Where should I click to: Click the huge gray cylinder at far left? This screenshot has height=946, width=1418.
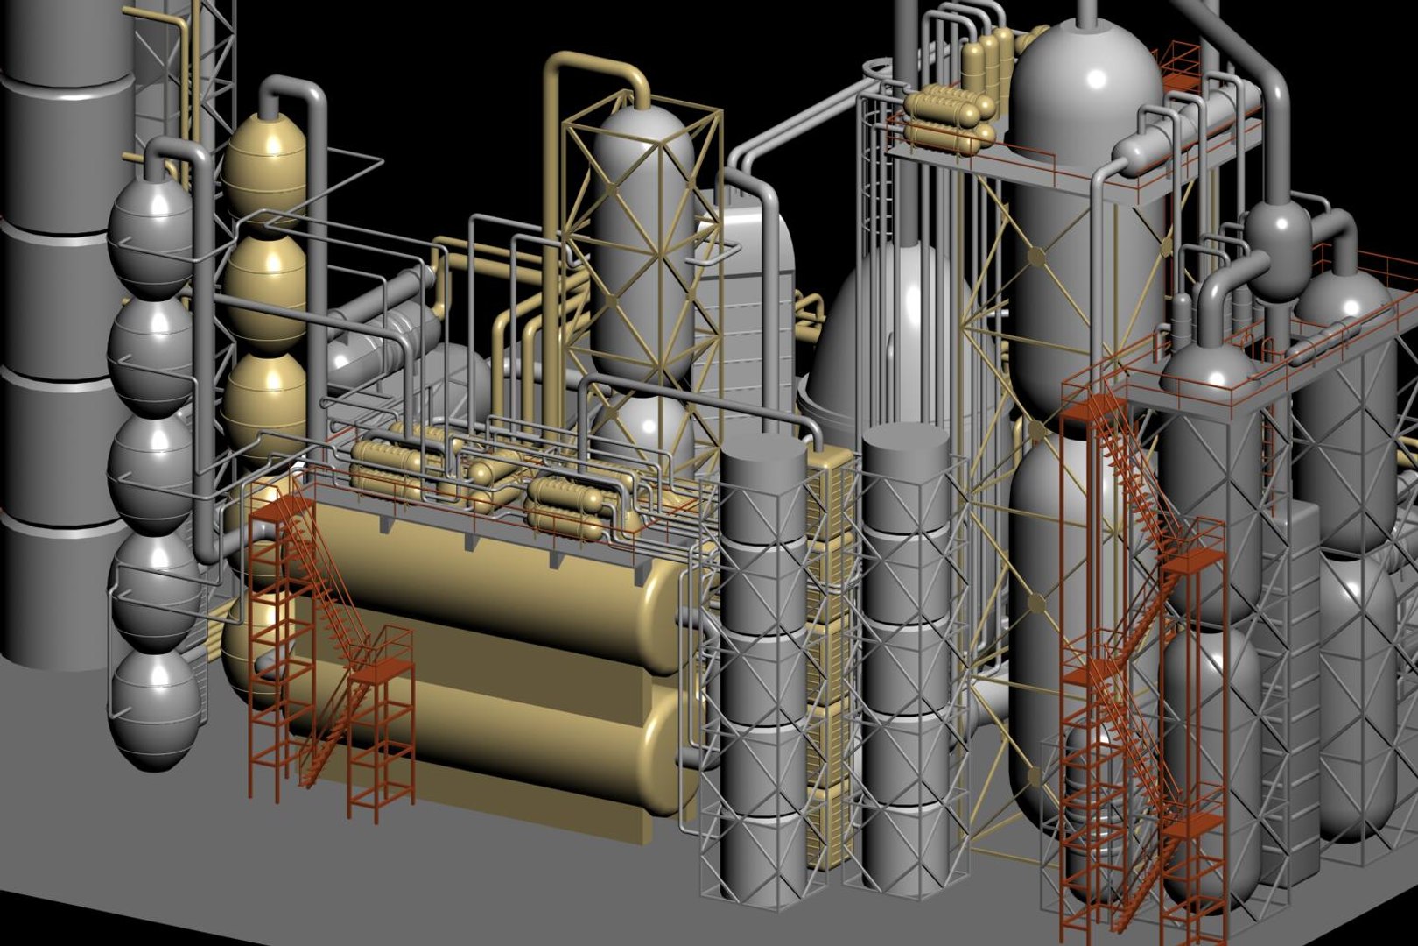[x=61, y=333]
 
